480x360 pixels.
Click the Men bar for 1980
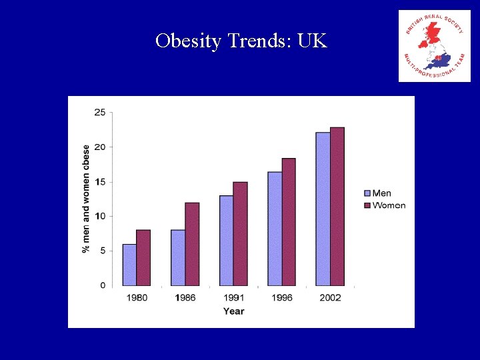(x=129, y=265)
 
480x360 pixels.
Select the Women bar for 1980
(x=143, y=257)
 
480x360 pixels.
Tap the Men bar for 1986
(x=178, y=257)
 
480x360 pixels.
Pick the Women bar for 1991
(x=240, y=233)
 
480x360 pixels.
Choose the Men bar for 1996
(x=275, y=229)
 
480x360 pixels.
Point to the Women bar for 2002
(x=337, y=207)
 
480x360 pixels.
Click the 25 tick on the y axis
(x=100, y=112)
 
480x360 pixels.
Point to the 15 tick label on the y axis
(x=100, y=181)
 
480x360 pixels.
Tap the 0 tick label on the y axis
(x=102, y=285)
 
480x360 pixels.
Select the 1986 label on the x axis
(x=185, y=297)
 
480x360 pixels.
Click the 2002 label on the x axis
(x=330, y=297)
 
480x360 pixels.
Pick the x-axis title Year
(x=233, y=311)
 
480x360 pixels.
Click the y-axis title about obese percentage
(x=86, y=199)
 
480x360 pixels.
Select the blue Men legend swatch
(x=366, y=193)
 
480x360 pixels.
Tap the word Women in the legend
(x=389, y=205)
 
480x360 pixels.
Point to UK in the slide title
(x=313, y=41)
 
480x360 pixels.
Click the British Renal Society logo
(x=434, y=46)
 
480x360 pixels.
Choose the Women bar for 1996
(x=289, y=222)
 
